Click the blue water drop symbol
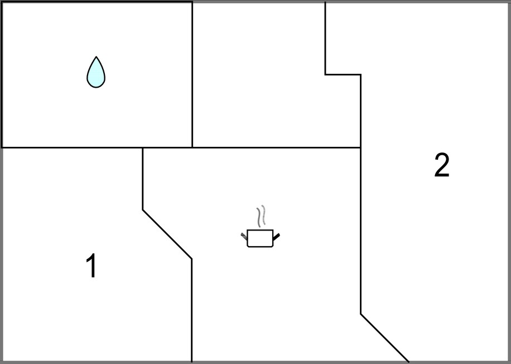click(96, 73)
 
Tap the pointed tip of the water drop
click(96, 57)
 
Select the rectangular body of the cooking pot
click(260, 238)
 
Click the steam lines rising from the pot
click(261, 216)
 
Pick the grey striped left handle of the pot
click(244, 237)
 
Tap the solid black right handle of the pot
click(276, 237)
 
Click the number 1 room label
click(92, 266)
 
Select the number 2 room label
click(442, 165)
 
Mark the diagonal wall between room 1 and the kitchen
click(167, 234)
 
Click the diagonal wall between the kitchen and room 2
click(384, 338)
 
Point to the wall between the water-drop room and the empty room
click(192, 75)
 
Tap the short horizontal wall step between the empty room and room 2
click(343, 75)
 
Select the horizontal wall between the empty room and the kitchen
click(276, 148)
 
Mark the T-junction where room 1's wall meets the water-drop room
click(142, 148)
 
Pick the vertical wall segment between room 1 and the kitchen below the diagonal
click(192, 310)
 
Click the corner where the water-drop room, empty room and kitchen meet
click(192, 148)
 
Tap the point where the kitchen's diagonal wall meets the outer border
click(409, 362)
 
